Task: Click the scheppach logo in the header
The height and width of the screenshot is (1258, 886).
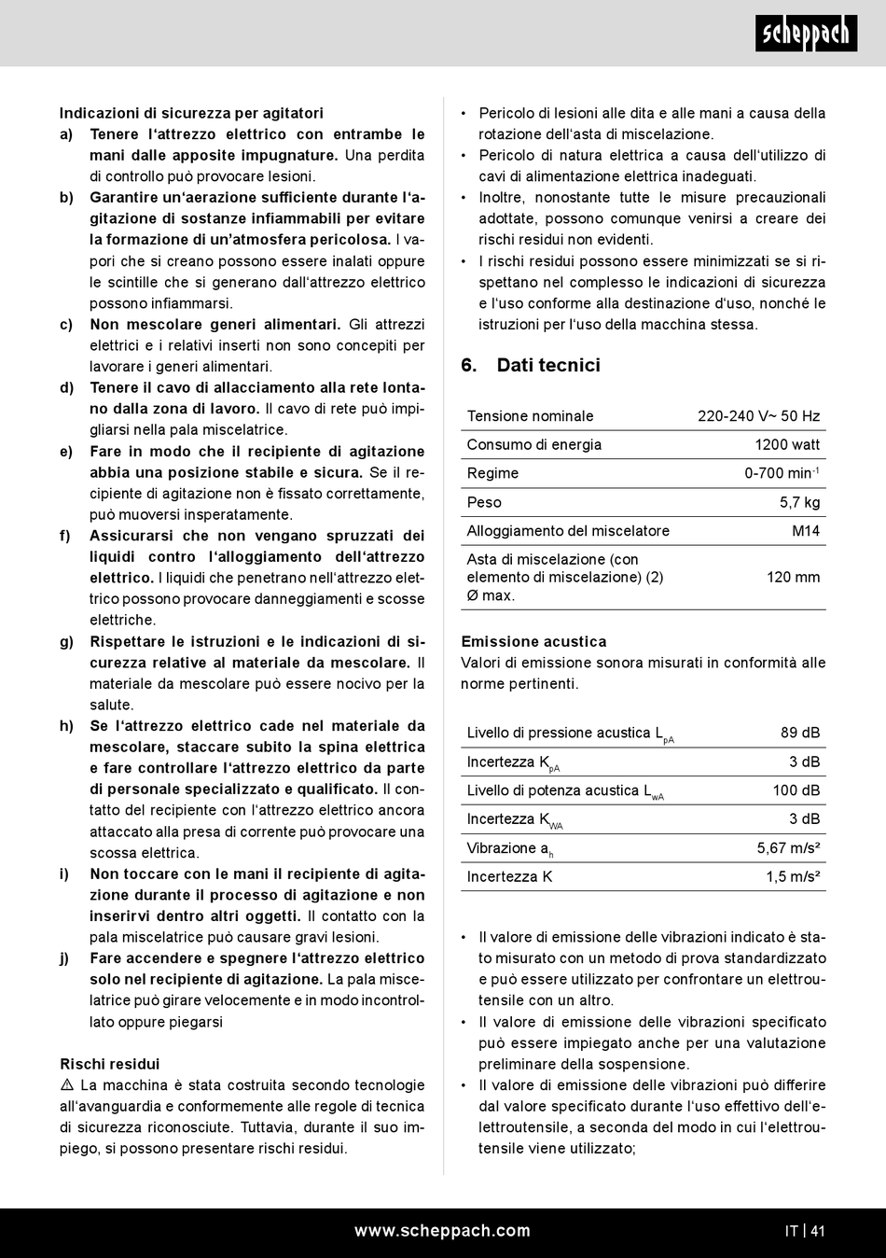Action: point(806,34)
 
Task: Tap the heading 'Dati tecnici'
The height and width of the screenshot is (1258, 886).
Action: point(547,365)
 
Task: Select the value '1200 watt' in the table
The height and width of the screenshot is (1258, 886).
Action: point(787,444)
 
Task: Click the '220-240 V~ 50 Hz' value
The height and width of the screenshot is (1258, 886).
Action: point(758,416)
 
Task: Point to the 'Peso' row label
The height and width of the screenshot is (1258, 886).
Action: point(484,502)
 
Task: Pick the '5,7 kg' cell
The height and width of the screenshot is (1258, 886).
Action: point(799,502)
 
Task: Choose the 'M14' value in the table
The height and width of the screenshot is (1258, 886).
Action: point(806,531)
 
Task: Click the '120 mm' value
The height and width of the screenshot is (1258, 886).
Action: point(793,577)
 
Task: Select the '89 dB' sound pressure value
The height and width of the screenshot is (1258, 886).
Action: point(800,733)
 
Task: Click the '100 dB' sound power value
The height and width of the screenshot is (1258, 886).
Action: point(796,790)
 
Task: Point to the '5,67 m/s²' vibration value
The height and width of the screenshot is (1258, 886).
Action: point(788,848)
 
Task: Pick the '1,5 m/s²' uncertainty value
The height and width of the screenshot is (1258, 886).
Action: point(793,876)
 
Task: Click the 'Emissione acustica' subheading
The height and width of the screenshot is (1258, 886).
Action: point(533,641)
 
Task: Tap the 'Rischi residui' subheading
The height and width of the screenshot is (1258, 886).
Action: point(110,1064)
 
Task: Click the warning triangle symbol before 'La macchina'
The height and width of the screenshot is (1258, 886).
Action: point(67,1085)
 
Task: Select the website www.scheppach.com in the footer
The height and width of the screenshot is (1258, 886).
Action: point(442,1231)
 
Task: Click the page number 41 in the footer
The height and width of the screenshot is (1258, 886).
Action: point(818,1231)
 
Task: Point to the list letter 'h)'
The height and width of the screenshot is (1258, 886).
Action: point(66,726)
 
